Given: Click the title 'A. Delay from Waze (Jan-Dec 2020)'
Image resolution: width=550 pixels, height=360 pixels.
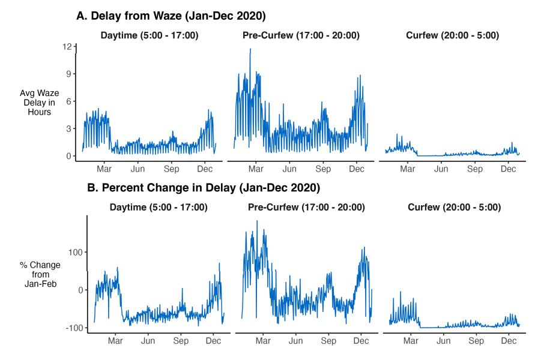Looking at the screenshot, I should (x=171, y=16).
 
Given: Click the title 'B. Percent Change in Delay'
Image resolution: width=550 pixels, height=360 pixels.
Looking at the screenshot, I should (x=204, y=188).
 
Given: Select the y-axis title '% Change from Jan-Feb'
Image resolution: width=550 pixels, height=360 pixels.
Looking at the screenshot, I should (x=40, y=274).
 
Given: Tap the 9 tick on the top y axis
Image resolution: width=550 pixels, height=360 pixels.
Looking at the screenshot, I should (x=68, y=74).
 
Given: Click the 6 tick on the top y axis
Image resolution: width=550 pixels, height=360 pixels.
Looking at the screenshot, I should (x=68, y=101).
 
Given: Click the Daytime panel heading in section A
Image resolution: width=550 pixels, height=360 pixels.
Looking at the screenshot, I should (x=150, y=35).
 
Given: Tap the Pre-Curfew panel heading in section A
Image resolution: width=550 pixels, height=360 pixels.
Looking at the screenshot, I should (x=301, y=35).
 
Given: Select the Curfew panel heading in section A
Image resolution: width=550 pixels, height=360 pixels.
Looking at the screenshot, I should (x=452, y=35).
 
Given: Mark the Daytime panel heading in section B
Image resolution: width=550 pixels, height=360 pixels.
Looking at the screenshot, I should (x=159, y=208).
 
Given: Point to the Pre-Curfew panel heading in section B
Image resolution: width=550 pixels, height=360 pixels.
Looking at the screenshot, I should (x=306, y=208).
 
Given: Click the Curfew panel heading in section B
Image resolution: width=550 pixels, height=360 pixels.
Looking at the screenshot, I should (x=454, y=208).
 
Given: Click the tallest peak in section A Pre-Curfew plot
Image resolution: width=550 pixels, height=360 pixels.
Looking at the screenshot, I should (x=250, y=49).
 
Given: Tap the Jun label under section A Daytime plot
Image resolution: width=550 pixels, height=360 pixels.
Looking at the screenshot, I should (x=138, y=169).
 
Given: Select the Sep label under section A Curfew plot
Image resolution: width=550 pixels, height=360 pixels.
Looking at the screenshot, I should (x=475, y=169).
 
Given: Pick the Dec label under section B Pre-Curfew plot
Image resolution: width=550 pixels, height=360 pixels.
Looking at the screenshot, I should (x=361, y=341).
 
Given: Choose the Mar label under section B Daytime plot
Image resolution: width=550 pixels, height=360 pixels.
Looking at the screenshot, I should (x=115, y=341).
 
